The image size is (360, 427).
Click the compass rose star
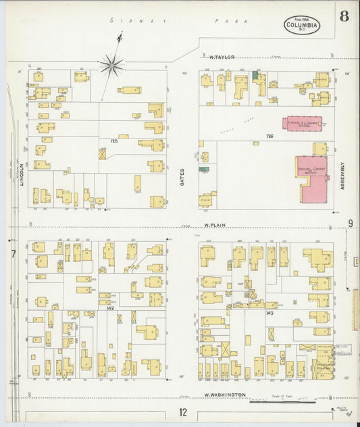click(x=111, y=66)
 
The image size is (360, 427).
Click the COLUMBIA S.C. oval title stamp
click(x=302, y=26)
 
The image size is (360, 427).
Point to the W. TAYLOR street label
click(x=222, y=57)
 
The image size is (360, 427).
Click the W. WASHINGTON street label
click(x=224, y=395)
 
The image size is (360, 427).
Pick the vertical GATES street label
click(x=182, y=177)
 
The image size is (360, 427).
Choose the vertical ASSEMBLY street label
click(x=342, y=175)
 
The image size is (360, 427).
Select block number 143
click(x=269, y=313)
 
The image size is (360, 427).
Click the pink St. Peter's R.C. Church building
click(x=302, y=123)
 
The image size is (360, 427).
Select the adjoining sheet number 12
click(x=183, y=412)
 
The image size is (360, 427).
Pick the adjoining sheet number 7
click(x=12, y=254)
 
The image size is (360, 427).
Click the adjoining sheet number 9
click(x=351, y=224)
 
